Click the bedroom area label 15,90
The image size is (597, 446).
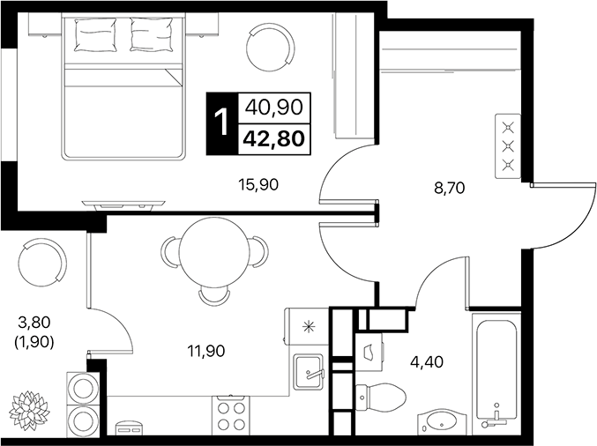tap(258, 184)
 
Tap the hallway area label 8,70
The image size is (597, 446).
tap(450, 188)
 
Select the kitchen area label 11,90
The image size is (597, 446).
tap(206, 351)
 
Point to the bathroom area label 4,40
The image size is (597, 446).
tap(427, 361)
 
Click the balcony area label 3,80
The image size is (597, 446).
tap(34, 323)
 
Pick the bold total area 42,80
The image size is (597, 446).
tap(274, 139)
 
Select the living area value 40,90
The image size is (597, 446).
tap(274, 108)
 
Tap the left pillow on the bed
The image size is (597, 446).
tap(95, 35)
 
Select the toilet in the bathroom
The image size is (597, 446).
tap(381, 398)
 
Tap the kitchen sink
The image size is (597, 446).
tap(308, 372)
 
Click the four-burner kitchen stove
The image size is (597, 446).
tap(231, 415)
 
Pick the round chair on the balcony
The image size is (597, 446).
tap(42, 263)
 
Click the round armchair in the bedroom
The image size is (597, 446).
tap(271, 47)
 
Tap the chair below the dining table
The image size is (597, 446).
tap(214, 296)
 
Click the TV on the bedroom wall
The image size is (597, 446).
tap(123, 204)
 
